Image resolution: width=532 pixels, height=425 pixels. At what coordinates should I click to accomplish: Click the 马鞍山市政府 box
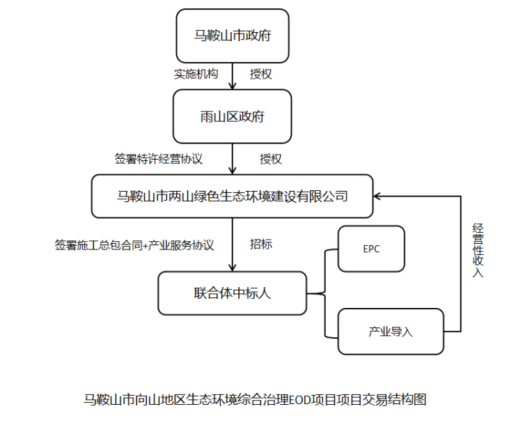click(x=232, y=36)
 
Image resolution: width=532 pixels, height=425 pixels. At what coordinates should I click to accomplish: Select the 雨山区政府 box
click(x=232, y=116)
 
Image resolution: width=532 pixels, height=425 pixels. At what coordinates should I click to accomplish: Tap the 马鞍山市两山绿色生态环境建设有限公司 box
click(x=232, y=196)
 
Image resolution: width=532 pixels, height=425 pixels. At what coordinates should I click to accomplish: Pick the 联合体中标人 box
click(x=232, y=293)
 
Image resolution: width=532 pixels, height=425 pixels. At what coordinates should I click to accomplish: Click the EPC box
click(x=371, y=249)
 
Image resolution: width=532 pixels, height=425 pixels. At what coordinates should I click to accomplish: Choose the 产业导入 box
click(x=390, y=332)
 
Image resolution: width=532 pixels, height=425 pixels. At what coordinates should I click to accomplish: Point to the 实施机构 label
click(x=196, y=74)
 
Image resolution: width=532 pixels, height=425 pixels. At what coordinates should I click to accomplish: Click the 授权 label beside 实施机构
click(x=261, y=74)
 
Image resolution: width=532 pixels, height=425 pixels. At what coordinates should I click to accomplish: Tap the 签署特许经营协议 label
click(x=158, y=159)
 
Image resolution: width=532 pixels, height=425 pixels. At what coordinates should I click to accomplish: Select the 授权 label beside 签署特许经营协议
click(x=271, y=159)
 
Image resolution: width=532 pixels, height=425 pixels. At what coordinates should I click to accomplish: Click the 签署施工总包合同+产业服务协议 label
click(x=134, y=245)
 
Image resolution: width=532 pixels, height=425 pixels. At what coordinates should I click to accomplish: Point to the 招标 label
click(x=261, y=245)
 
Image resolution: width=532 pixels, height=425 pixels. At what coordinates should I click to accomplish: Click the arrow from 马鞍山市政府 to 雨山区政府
click(x=233, y=77)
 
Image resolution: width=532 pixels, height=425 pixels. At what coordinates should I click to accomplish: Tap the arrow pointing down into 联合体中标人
click(x=233, y=244)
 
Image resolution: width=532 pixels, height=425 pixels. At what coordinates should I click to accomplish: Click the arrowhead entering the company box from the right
click(x=378, y=196)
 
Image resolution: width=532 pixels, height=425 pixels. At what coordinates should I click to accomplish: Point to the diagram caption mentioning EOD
click(x=254, y=400)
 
